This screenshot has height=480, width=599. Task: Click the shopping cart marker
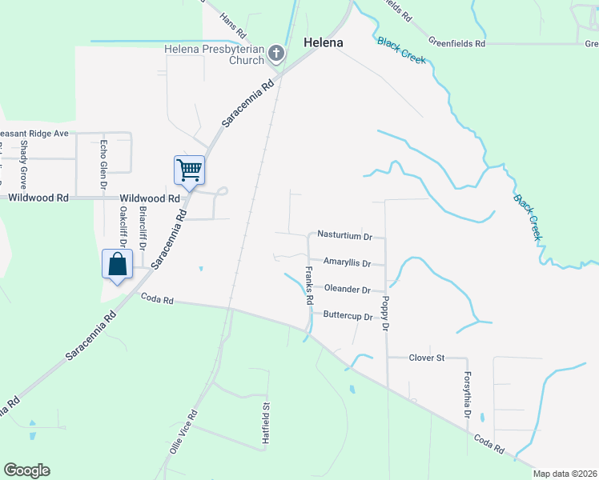[189, 169]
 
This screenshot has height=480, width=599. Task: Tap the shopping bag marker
[117, 263]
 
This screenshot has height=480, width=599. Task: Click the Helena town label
[324, 42]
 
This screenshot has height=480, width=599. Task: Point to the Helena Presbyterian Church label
[214, 54]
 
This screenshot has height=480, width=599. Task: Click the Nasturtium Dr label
[346, 237]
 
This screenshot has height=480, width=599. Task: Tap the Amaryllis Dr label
[347, 262]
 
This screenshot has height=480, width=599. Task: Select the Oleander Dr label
[347, 290]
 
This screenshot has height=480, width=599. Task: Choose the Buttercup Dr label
[348, 316]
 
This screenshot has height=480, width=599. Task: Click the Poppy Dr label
[385, 314]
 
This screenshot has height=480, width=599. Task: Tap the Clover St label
[427, 358]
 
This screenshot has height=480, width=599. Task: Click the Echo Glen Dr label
[103, 165]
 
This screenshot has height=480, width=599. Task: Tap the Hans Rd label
[231, 24]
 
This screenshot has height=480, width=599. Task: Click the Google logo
[26, 470]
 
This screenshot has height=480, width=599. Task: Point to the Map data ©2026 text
[565, 474]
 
